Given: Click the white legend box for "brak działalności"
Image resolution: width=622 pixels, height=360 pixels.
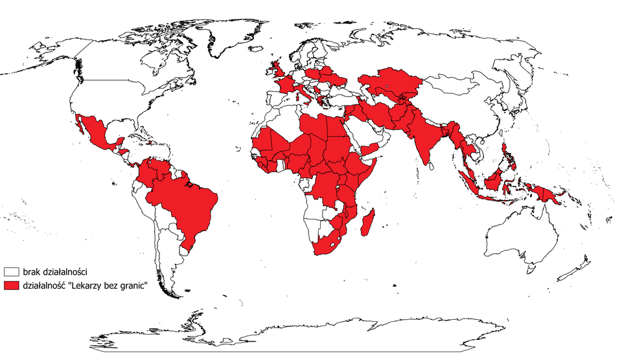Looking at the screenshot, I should tap(11, 272).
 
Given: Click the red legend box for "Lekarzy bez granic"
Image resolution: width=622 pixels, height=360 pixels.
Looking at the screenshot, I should tap(11, 286).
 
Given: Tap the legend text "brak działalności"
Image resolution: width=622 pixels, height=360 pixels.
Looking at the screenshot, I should tap(55, 272).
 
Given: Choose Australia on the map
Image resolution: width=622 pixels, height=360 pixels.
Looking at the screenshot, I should tap(518, 240).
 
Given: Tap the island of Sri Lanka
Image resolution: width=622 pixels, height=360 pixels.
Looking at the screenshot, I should tap(431, 168).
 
